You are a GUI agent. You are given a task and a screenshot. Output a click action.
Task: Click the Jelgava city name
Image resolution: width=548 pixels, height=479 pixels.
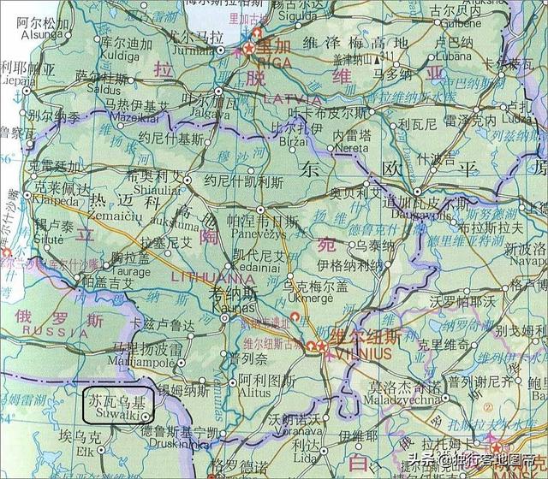coord(203,111)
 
